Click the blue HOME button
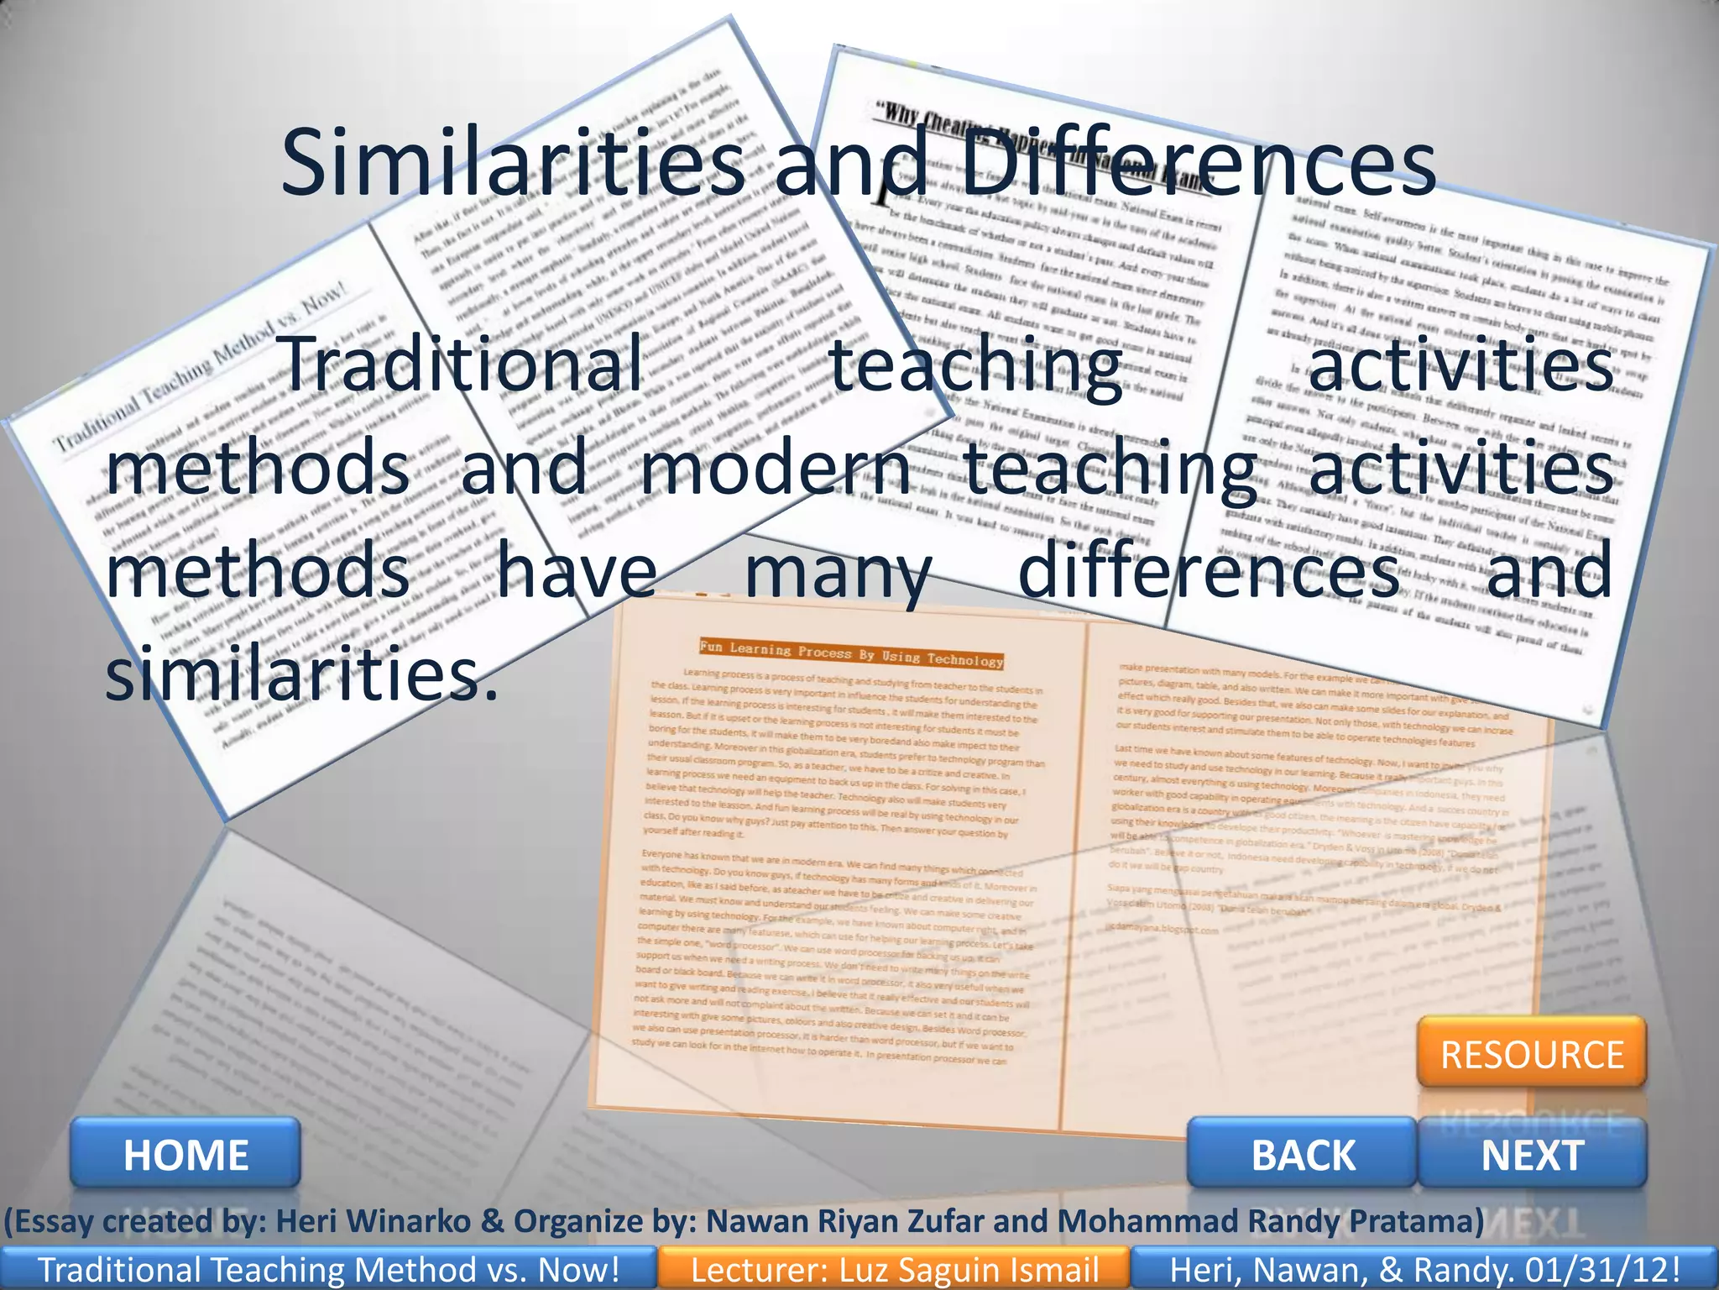[185, 1154]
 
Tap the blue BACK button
[1303, 1154]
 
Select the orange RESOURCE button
[1532, 1054]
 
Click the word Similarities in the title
[512, 162]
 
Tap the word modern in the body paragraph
[774, 467]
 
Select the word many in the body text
[838, 571]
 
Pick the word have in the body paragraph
[577, 571]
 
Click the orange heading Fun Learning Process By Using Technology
[851, 653]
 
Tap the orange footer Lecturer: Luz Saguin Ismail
[894, 1270]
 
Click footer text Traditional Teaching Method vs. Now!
[328, 1270]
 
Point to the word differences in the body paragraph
[1208, 571]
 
